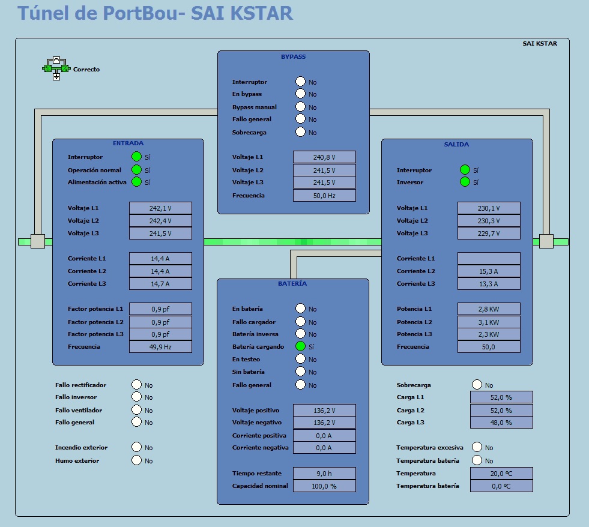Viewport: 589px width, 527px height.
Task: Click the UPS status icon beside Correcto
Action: pyautogui.click(x=56, y=68)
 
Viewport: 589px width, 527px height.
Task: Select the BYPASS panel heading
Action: pyautogui.click(x=294, y=56)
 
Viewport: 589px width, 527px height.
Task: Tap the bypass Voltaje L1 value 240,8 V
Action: pyautogui.click(x=324, y=157)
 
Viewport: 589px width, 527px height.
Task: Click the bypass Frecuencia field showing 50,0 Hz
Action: pyautogui.click(x=324, y=195)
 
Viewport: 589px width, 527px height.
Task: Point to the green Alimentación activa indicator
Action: pyautogui.click(x=136, y=182)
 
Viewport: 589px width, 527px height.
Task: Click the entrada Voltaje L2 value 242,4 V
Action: pyautogui.click(x=160, y=220)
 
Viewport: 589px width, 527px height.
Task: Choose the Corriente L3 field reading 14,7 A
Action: pyautogui.click(x=160, y=283)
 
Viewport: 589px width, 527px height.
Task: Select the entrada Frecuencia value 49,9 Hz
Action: pyautogui.click(x=160, y=347)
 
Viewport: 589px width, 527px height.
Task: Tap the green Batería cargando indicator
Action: pyautogui.click(x=301, y=346)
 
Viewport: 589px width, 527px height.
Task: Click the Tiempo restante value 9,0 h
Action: pyautogui.click(x=324, y=474)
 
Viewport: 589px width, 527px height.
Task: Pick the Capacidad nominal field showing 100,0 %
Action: pyautogui.click(x=324, y=486)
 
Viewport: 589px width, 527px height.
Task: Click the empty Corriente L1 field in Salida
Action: pyautogui.click(x=489, y=259)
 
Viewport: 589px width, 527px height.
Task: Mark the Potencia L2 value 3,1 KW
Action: pyautogui.click(x=489, y=322)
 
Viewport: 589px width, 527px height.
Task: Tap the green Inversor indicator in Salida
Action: pyautogui.click(x=465, y=182)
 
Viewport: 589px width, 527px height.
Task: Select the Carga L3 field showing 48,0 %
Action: pyautogui.click(x=501, y=422)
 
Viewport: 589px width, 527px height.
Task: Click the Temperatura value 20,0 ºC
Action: pyautogui.click(x=501, y=474)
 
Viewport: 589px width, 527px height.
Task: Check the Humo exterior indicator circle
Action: pyautogui.click(x=137, y=460)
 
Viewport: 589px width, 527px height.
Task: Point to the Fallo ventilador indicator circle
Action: pyautogui.click(x=137, y=410)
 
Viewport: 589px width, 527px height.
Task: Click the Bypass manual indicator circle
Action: pyautogui.click(x=301, y=107)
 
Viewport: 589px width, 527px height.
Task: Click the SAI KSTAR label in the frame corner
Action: pyautogui.click(x=540, y=44)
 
